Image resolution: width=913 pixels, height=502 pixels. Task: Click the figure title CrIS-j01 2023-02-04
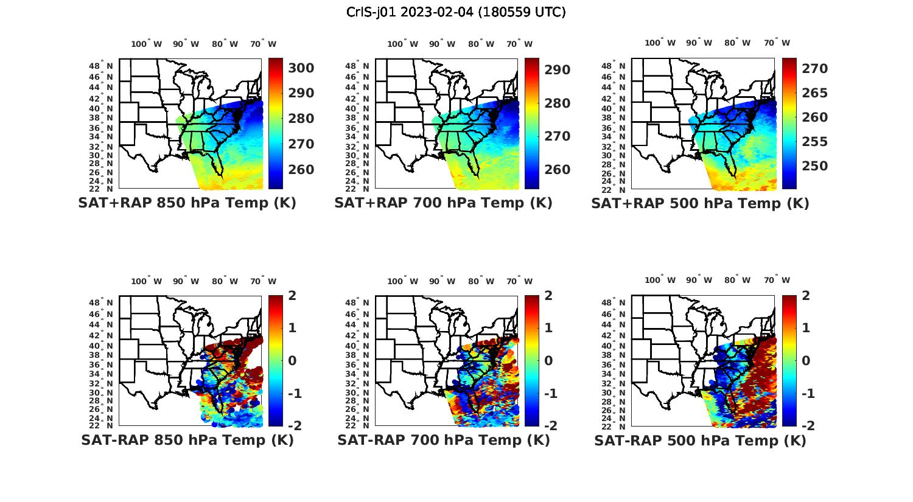(x=456, y=12)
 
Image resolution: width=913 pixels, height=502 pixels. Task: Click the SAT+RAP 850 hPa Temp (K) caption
(x=187, y=203)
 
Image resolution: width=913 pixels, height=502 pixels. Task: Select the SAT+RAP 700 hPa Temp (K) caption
(x=443, y=203)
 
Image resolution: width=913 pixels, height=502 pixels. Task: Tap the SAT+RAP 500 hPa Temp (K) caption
(x=700, y=203)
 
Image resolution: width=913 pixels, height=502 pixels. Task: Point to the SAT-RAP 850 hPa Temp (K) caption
(x=187, y=440)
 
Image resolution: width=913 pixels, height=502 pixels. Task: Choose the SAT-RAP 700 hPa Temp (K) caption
(x=443, y=440)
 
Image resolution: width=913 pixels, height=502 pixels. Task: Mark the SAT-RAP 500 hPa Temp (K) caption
(x=700, y=441)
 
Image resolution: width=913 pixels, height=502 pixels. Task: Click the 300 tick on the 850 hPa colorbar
(x=301, y=68)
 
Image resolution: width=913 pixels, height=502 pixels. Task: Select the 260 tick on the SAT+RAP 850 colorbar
(x=301, y=170)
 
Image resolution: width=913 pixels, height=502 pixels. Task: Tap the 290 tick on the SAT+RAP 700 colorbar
(x=558, y=70)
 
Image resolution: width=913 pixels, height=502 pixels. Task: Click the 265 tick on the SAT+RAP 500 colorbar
(x=814, y=93)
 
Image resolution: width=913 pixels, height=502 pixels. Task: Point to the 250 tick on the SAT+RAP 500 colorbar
(x=814, y=166)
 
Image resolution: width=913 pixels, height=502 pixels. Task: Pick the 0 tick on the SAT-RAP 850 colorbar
(x=292, y=361)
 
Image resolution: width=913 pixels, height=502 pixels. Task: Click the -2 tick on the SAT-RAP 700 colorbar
(x=549, y=426)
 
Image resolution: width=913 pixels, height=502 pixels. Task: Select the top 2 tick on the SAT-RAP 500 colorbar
(x=805, y=296)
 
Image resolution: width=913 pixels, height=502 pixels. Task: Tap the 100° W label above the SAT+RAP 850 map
(x=147, y=44)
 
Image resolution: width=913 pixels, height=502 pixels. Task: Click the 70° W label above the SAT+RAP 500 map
(x=777, y=43)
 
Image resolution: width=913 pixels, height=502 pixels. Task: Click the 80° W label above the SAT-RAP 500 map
(x=737, y=280)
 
